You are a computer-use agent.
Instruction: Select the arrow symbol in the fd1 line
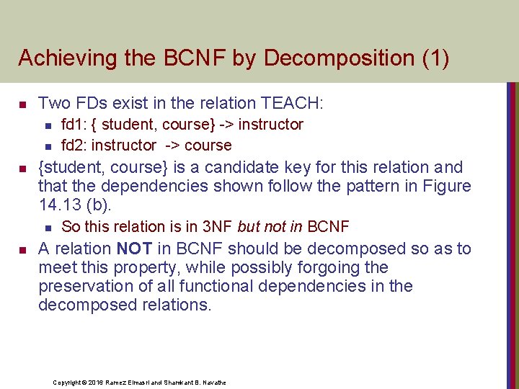pyautogui.click(x=226, y=125)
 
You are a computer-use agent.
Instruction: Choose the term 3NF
pyautogui.click(x=217, y=227)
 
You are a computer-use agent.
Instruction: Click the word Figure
pyautogui.click(x=445, y=186)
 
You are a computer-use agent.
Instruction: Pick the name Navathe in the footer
pyautogui.click(x=213, y=383)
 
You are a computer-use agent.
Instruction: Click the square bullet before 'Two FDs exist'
pyautogui.click(x=22, y=104)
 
